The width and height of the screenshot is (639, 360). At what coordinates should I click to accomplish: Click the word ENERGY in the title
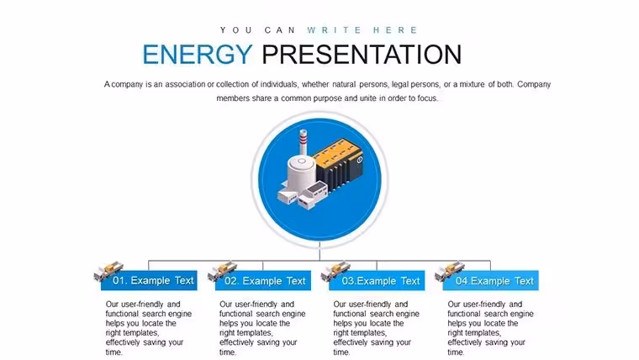tap(198, 54)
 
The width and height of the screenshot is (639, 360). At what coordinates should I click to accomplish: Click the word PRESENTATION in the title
tap(362, 54)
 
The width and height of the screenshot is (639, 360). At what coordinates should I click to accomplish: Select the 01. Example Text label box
tap(149, 280)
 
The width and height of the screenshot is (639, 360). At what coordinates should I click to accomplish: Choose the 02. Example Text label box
tap(263, 280)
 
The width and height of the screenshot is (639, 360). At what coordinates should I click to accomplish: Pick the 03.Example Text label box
tap(377, 280)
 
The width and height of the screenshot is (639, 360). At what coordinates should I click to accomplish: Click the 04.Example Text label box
tap(491, 280)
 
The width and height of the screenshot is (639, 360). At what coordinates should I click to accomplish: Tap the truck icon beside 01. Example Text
tap(108, 270)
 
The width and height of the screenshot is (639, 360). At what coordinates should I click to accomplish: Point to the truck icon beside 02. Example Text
tap(222, 270)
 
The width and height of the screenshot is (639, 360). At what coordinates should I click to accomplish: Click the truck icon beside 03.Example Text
tap(335, 270)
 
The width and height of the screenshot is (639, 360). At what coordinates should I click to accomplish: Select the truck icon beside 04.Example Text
tap(450, 270)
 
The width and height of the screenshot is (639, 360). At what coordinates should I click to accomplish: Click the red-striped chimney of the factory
tap(304, 142)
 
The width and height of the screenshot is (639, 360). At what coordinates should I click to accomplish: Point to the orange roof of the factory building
tap(338, 154)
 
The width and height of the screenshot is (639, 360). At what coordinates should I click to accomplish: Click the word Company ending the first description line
tap(534, 84)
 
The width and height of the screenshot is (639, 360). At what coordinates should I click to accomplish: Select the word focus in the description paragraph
tap(427, 98)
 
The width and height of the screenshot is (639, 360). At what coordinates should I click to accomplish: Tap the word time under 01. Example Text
tap(114, 352)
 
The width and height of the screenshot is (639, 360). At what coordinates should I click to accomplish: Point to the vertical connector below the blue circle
tap(319, 251)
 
